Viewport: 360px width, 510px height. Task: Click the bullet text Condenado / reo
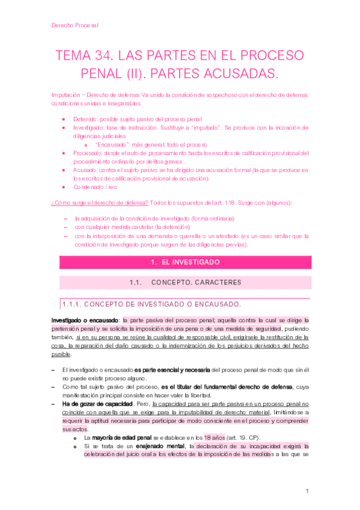(x=97, y=187)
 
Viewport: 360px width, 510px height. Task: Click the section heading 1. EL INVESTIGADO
(x=181, y=262)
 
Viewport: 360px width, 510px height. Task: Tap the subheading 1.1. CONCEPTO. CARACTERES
(x=181, y=282)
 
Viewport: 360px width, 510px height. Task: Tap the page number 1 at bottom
(x=307, y=491)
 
